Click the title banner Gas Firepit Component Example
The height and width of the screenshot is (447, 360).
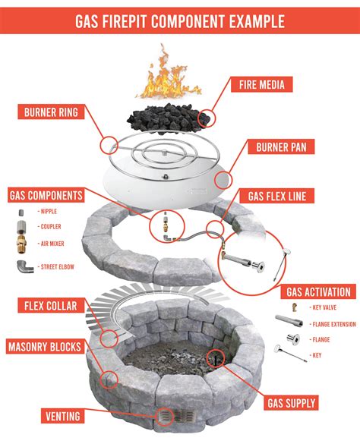point(180,20)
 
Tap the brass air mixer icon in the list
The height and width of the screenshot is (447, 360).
point(23,244)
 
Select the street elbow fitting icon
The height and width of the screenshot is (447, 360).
point(24,267)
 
